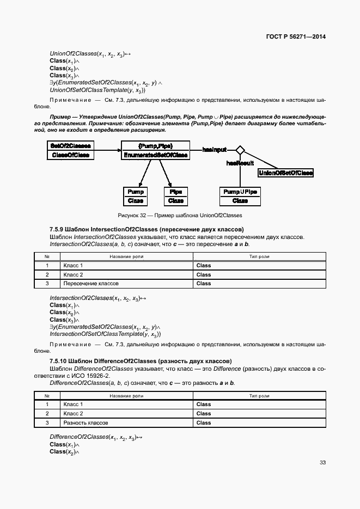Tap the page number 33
322,463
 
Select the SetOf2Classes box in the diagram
71,150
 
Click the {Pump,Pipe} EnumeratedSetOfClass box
155,150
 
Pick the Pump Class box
136,196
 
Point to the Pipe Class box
175,196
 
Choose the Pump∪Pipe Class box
240,196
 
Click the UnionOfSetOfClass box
285,173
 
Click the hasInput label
215,149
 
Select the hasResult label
240,162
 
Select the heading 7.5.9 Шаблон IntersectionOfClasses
147,230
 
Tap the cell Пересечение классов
91,283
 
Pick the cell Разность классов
86,422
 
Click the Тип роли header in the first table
259,256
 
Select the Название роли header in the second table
126,396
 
